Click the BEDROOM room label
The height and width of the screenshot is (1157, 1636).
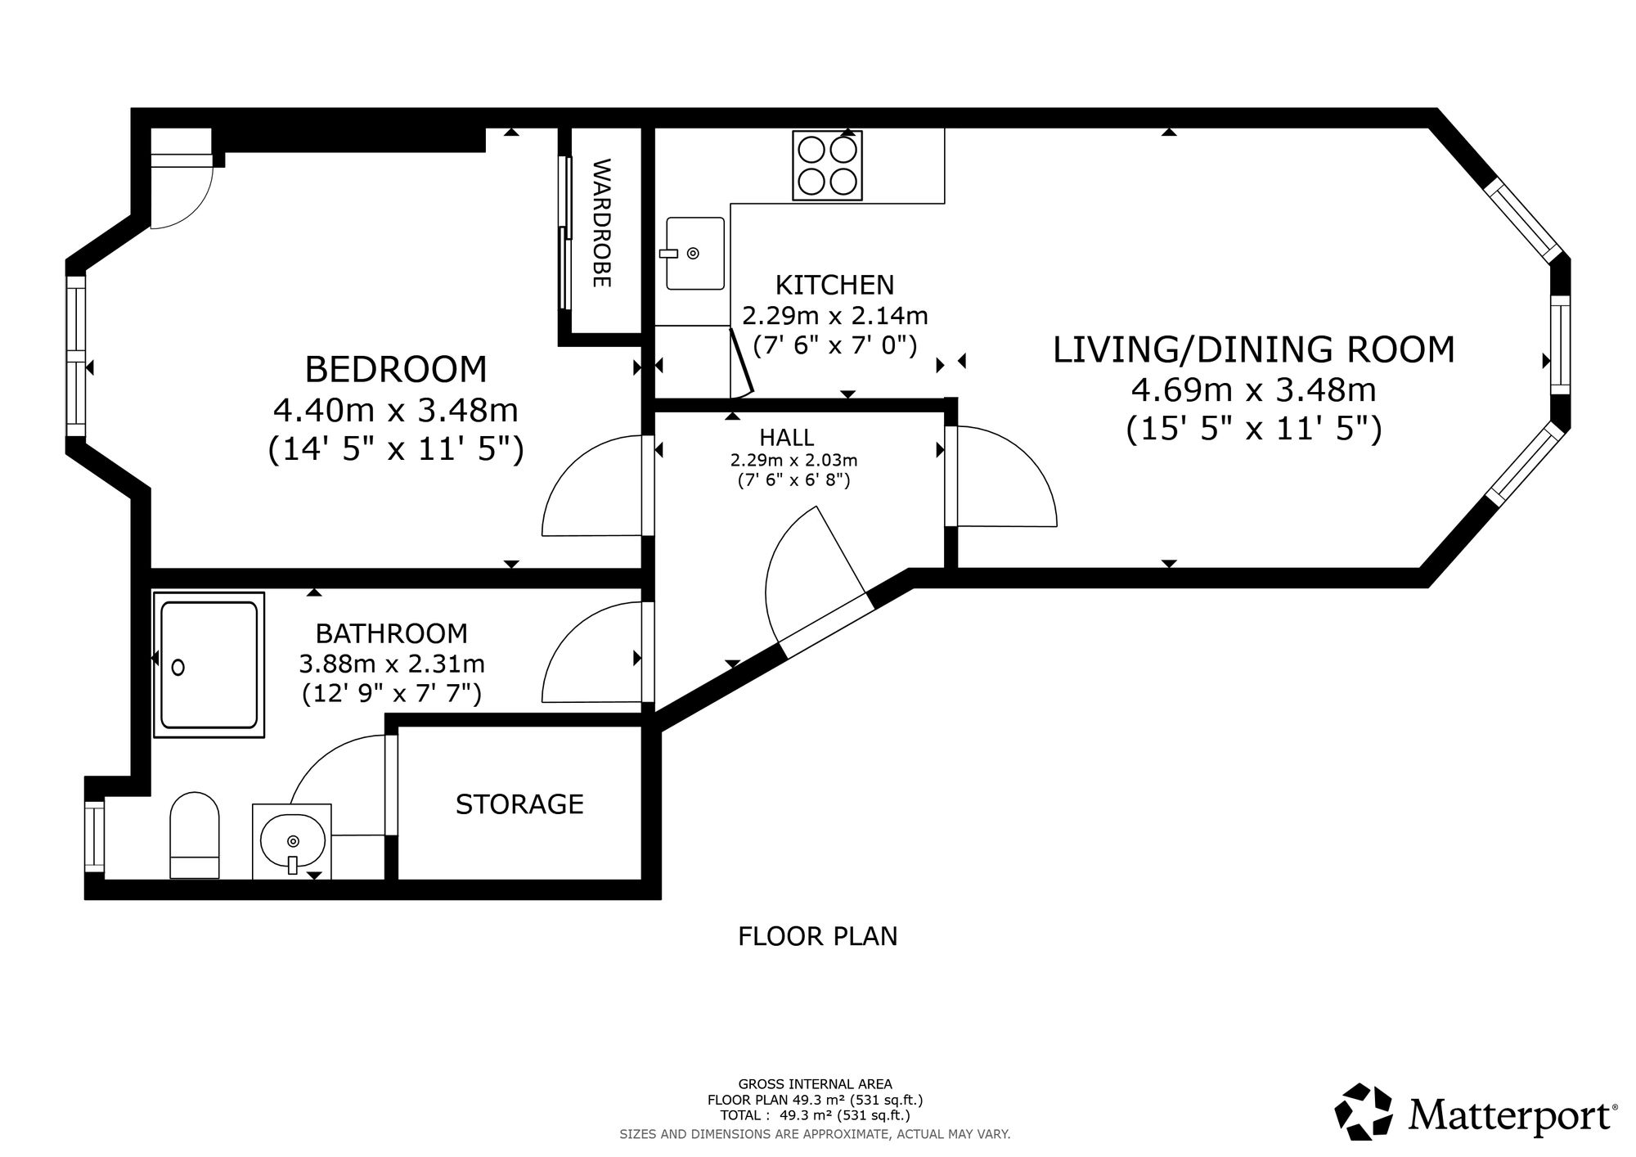[396, 369]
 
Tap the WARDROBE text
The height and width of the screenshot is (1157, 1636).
[601, 223]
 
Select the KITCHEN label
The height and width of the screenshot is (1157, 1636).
[834, 285]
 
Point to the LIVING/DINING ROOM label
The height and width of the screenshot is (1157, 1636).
[1253, 349]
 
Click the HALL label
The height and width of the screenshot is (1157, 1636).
[787, 437]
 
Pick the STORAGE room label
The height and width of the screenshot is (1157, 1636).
[519, 804]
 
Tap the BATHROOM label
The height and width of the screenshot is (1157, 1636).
[392, 633]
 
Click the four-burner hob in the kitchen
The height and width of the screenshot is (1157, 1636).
[827, 165]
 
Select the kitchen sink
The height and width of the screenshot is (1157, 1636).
[694, 253]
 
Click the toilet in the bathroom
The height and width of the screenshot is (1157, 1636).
[195, 835]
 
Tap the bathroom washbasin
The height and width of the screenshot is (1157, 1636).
[292, 841]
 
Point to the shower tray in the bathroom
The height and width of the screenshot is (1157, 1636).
[209, 665]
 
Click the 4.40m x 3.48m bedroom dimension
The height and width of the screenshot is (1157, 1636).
[396, 409]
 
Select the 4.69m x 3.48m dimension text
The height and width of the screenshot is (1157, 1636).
[1253, 389]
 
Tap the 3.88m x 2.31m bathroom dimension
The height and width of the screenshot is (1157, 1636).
[392, 664]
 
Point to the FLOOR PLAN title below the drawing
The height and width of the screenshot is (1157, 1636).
[818, 936]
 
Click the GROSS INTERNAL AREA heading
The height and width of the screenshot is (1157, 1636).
[815, 1084]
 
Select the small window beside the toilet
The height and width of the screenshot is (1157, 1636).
[95, 837]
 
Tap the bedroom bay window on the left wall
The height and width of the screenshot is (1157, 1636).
[76, 356]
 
